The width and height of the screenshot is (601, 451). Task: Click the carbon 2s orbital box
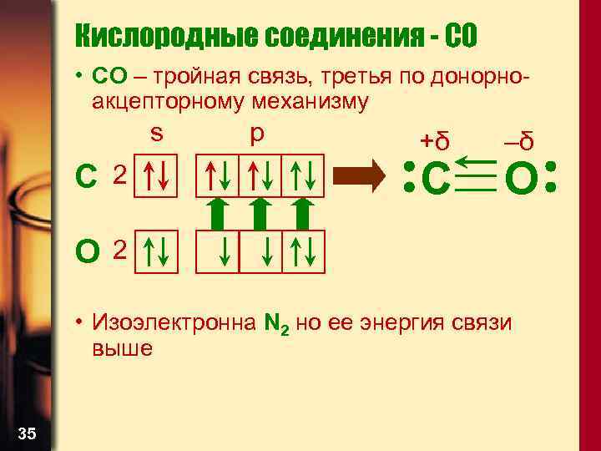pyautogui.click(x=157, y=175)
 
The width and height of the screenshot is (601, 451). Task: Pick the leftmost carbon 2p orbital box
pyautogui.click(x=218, y=175)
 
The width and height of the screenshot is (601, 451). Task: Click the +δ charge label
pyautogui.click(x=435, y=142)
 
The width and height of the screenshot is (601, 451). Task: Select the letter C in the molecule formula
pyautogui.click(x=437, y=177)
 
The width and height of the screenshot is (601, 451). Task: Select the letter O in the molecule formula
pyautogui.click(x=521, y=177)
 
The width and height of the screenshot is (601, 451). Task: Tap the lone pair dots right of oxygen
pyautogui.click(x=550, y=176)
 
